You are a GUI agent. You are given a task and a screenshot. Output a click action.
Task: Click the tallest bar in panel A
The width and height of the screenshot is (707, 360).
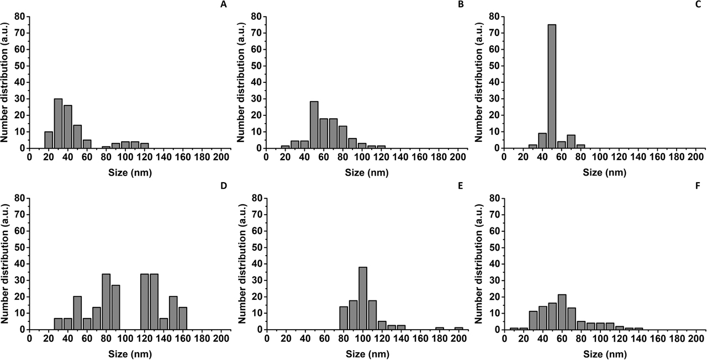tap(58, 124)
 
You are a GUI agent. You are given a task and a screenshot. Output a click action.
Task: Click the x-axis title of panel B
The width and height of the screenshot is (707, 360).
tap(362, 172)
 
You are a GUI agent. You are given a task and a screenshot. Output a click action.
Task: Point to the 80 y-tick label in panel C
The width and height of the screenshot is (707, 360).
tap(493, 17)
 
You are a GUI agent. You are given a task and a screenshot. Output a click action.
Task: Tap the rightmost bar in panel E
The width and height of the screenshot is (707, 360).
tap(457, 328)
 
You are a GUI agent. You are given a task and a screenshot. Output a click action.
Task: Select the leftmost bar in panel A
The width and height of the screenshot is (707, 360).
tap(49, 140)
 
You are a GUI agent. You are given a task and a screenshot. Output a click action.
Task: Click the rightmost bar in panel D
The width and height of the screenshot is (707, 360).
tap(183, 318)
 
